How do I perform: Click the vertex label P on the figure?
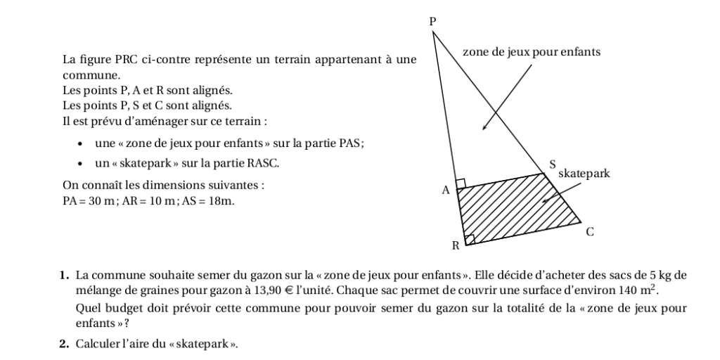tap(432, 22)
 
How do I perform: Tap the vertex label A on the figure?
tap(445, 190)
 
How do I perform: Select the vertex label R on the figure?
tap(455, 246)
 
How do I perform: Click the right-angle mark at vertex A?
tap(461, 184)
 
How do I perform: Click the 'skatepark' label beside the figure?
tap(584, 173)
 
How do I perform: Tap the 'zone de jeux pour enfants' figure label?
tap(532, 52)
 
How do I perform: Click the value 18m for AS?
tap(220, 201)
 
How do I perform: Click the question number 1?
tap(64, 275)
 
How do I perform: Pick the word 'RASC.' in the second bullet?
tap(262, 163)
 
